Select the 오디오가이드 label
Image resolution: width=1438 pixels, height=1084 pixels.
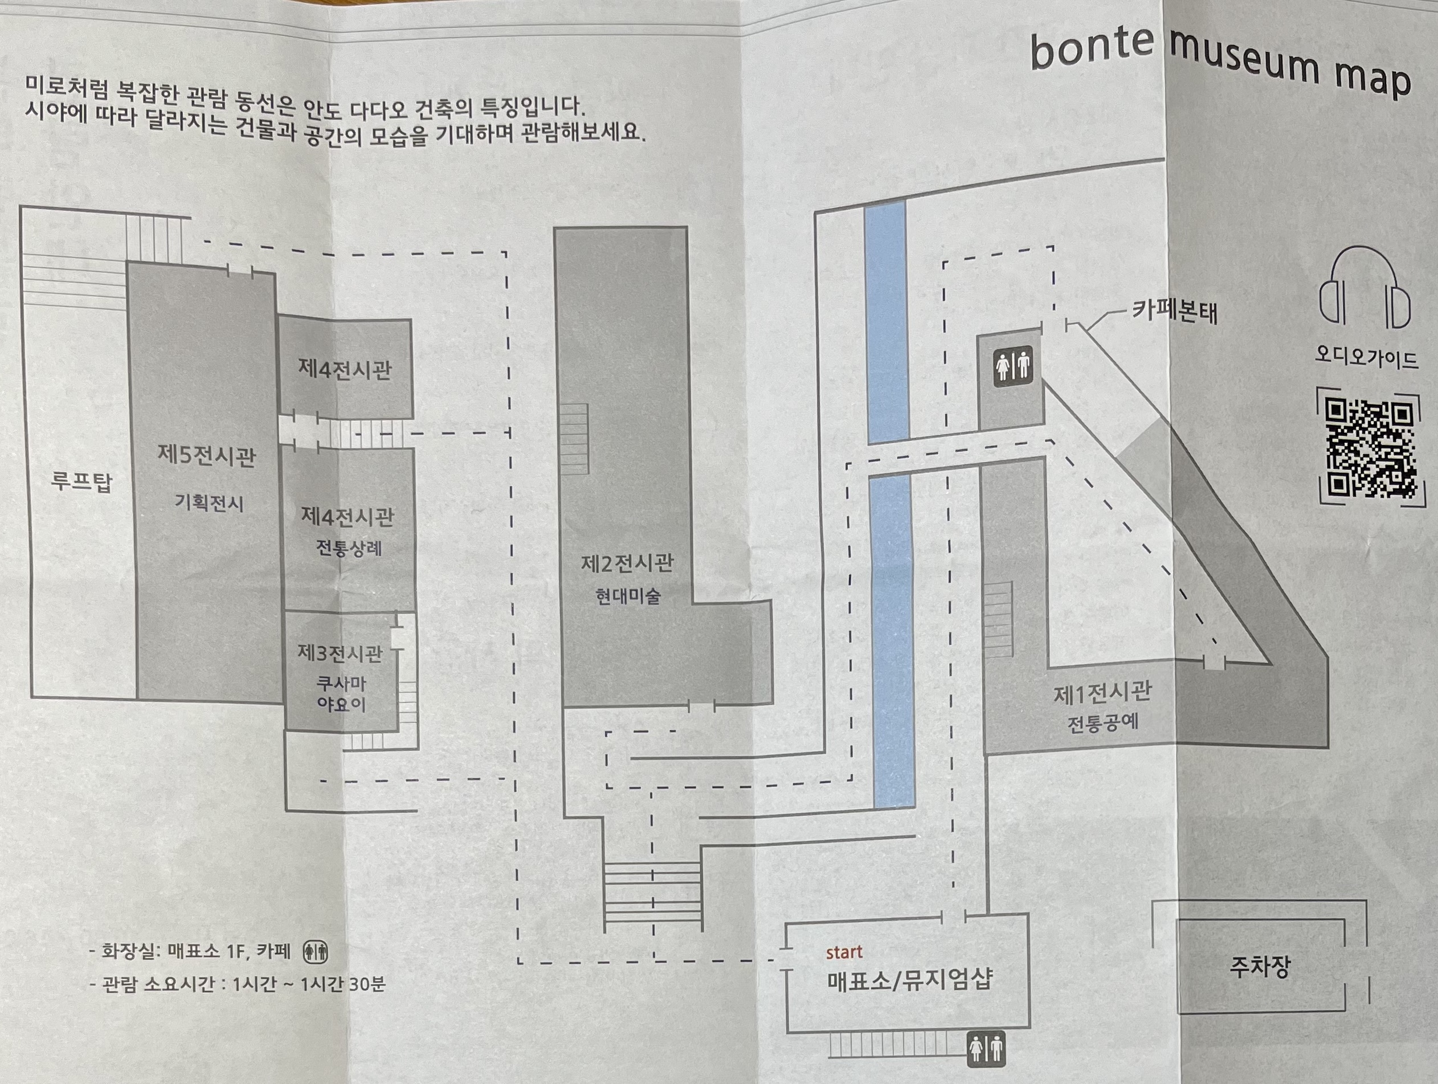(x=1366, y=356)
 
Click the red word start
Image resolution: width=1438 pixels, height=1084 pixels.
(x=844, y=953)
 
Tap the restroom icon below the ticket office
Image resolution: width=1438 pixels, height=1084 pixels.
(x=986, y=1048)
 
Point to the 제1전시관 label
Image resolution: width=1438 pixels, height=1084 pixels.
(x=1102, y=693)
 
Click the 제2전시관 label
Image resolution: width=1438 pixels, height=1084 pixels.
(x=627, y=563)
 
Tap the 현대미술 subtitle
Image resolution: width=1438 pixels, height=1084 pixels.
(x=627, y=595)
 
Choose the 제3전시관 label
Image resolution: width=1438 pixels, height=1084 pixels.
(x=340, y=653)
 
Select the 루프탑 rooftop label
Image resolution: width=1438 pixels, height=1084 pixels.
(x=81, y=482)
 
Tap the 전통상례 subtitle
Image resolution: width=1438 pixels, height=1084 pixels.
(x=349, y=549)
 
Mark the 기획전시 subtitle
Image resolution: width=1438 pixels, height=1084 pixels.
(x=208, y=502)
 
